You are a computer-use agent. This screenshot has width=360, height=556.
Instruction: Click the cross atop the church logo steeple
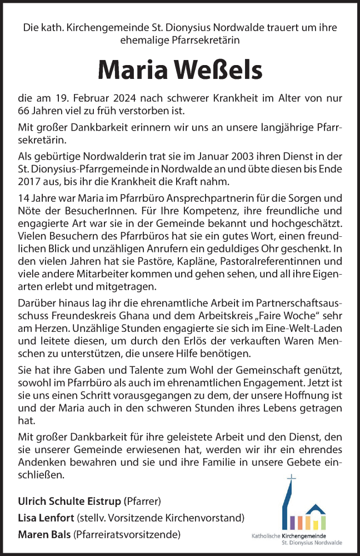click(x=292, y=478)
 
